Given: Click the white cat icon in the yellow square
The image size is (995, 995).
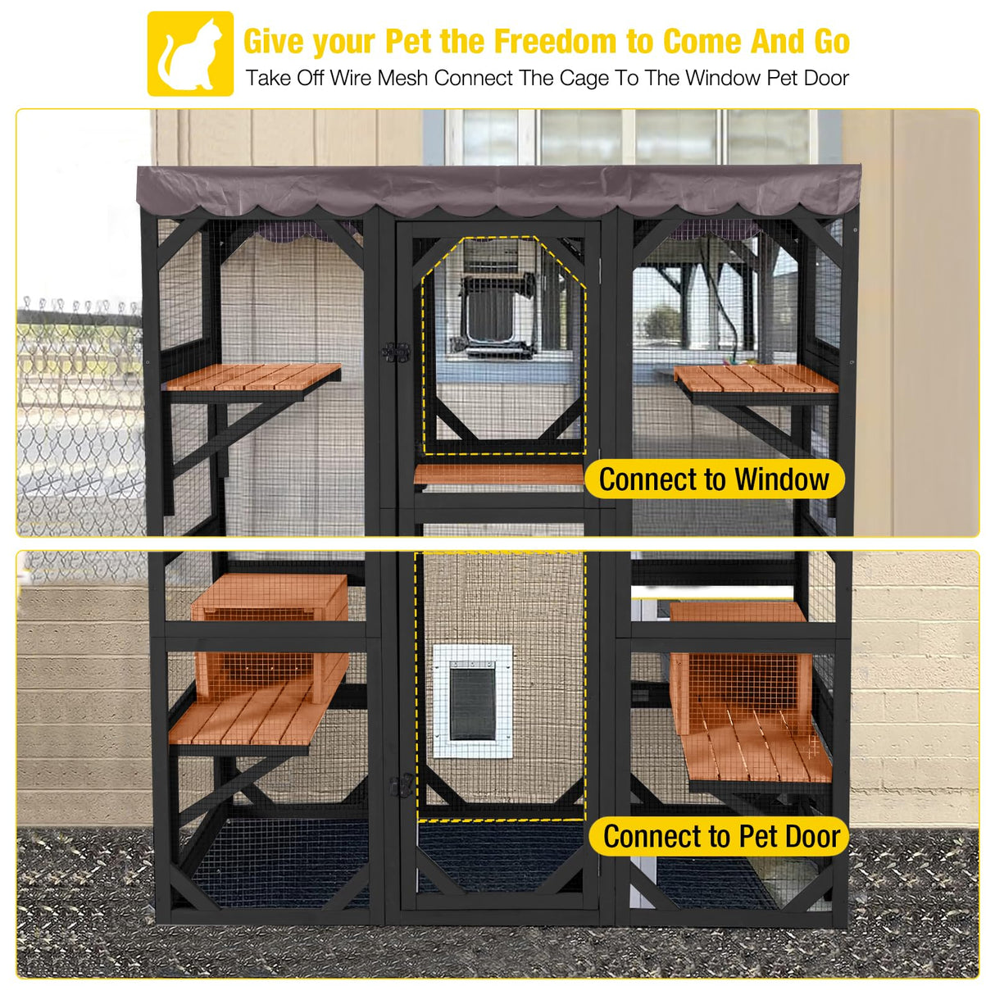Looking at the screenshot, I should [x=190, y=54].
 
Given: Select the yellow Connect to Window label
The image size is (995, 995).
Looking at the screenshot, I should [x=714, y=479].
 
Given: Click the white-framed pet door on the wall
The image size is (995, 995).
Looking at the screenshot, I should [x=473, y=701].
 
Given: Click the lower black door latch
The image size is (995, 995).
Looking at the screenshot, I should [x=402, y=785].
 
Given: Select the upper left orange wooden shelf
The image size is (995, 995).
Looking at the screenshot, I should [x=252, y=376].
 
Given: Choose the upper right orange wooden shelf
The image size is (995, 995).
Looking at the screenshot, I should [x=754, y=379].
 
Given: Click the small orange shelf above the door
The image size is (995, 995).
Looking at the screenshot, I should [x=498, y=475].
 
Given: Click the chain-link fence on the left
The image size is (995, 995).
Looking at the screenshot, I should [x=78, y=410].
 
